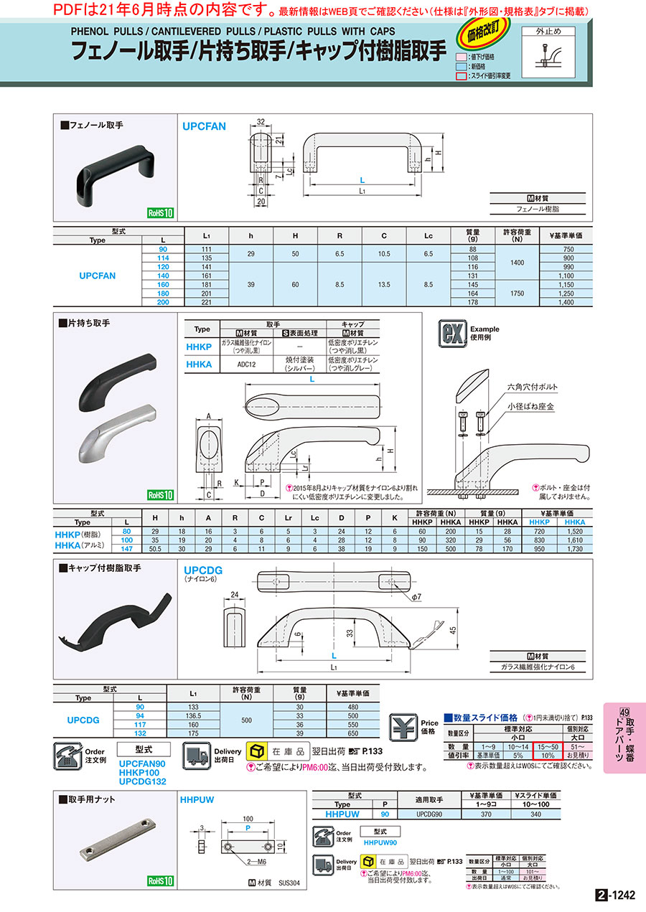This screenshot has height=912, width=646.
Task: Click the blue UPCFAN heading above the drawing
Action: tap(205, 126)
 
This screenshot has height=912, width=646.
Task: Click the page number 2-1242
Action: tap(615, 895)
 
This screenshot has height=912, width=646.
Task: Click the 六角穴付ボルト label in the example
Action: tap(532, 387)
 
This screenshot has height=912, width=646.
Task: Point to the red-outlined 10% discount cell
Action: tap(548, 754)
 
